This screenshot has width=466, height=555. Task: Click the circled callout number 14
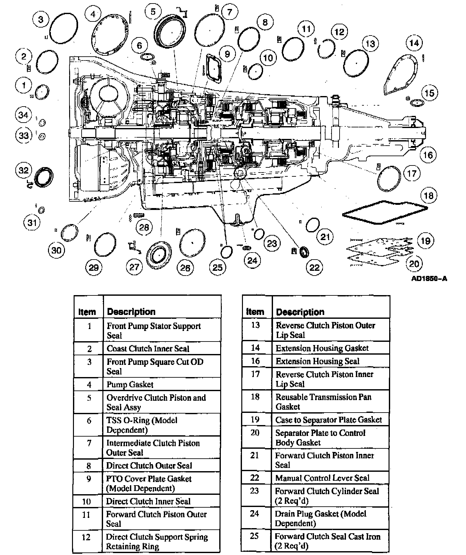[x=414, y=43]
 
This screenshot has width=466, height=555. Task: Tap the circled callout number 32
[x=24, y=170]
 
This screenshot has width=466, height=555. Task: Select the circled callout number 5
[x=153, y=12]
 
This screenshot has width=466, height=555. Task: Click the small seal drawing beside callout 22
[x=304, y=252]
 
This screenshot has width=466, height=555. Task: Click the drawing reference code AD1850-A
[x=429, y=278]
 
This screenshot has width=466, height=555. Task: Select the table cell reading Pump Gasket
[x=130, y=384]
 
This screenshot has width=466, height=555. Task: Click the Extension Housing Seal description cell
[x=317, y=361]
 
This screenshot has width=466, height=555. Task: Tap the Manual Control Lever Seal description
[x=322, y=478]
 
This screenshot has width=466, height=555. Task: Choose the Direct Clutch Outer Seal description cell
[x=149, y=465]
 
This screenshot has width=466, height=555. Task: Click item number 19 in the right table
[x=255, y=419]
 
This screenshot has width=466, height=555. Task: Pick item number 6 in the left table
[x=89, y=421]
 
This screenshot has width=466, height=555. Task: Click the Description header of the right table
[x=300, y=312]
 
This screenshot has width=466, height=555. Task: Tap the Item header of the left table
[x=87, y=312]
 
